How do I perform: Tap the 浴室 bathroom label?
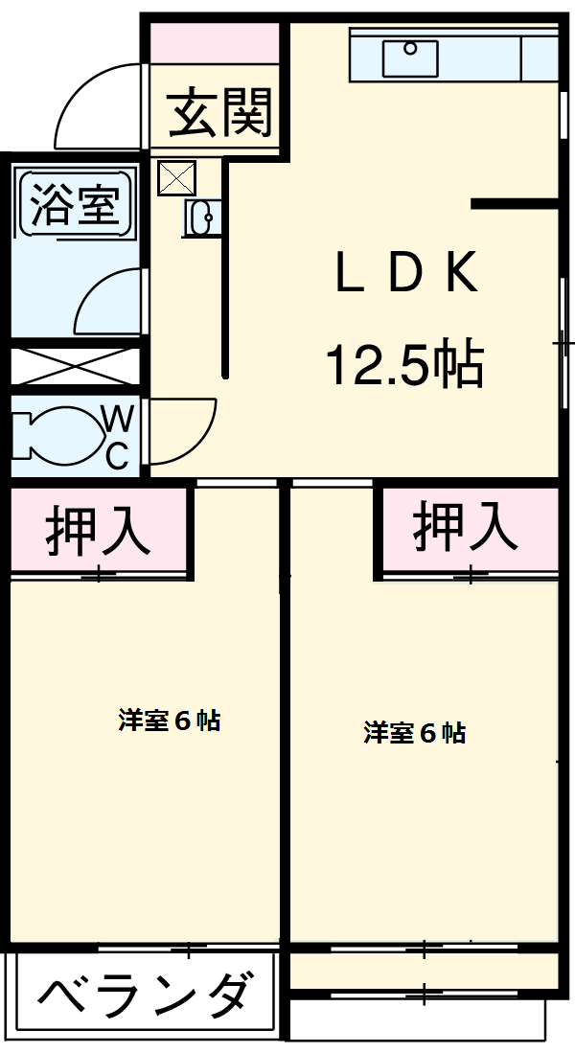74,204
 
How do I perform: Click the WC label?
117,437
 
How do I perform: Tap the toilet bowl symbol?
56,437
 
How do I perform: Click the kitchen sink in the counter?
410,58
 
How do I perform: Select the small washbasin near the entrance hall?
202,219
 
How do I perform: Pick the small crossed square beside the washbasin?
176,176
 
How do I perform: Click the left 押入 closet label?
98,531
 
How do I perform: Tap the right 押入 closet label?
466,526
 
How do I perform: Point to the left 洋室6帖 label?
170,721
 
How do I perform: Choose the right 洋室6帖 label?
414,733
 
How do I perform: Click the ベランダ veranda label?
147,996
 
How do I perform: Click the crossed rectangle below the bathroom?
75,365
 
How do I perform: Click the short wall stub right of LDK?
515,203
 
